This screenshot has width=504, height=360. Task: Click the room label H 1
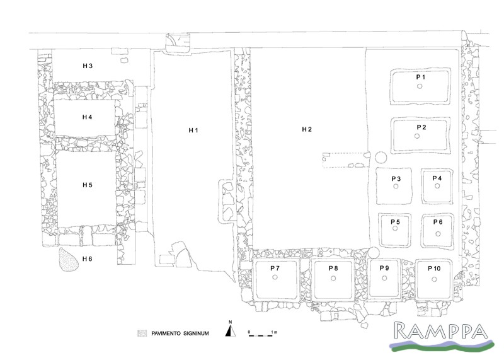pyautogui.click(x=193, y=131)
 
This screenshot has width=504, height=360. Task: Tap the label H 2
pyautogui.click(x=307, y=129)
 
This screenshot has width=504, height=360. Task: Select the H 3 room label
pyautogui.click(x=88, y=66)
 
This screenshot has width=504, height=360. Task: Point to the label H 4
pyautogui.click(x=87, y=117)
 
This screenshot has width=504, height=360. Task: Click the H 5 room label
pyautogui.click(x=88, y=185)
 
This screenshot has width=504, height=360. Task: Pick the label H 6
pyautogui.click(x=88, y=259)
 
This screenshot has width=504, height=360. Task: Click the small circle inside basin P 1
pyautogui.click(x=420, y=86)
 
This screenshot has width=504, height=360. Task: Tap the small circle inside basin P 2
pyautogui.click(x=417, y=136)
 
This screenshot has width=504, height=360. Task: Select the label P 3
pyautogui.click(x=396, y=179)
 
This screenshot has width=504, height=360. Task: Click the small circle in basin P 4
pyautogui.click(x=437, y=185)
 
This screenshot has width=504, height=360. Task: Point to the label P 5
pyautogui.click(x=396, y=222)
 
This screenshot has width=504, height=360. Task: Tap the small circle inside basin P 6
pyautogui.click(x=438, y=234)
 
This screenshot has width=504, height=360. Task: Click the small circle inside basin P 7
pyautogui.click(x=275, y=277)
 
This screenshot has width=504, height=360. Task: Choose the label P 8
pyautogui.click(x=333, y=269)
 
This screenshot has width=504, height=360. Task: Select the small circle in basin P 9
pyautogui.click(x=384, y=278)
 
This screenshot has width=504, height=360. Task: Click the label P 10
pyautogui.click(x=434, y=269)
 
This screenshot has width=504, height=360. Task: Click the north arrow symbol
pyautogui.click(x=230, y=331)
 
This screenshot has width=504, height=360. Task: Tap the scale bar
pyautogui.click(x=260, y=335)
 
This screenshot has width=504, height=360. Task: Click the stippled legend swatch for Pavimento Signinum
pyautogui.click(x=142, y=334)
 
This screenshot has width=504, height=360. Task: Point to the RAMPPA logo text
pyautogui.click(x=441, y=331)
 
